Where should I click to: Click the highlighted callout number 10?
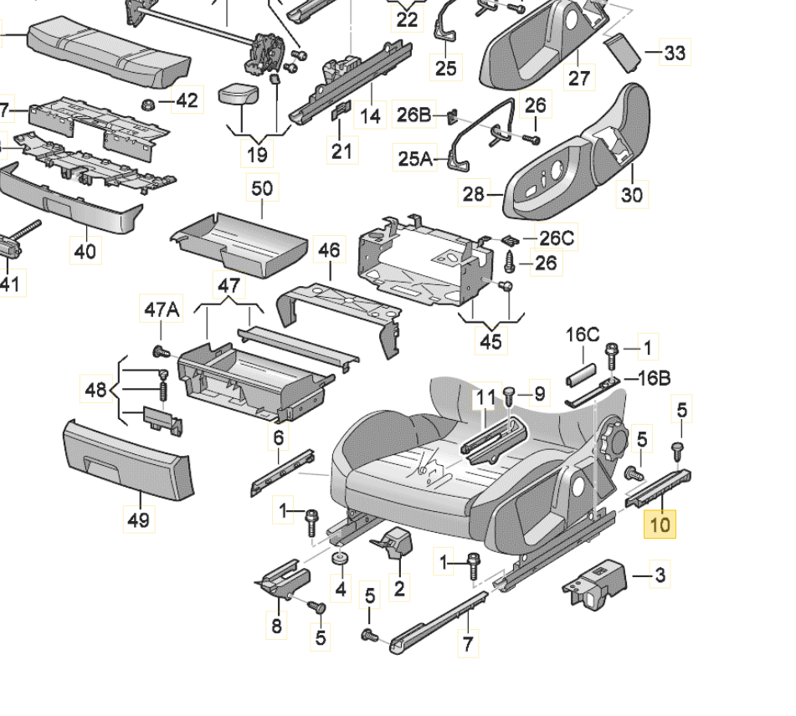tap(660, 524)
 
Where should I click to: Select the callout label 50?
tap(262, 188)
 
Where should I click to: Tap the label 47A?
tap(162, 310)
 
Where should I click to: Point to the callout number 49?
tap(139, 519)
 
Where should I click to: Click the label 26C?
tap(555, 239)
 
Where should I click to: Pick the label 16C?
tap(583, 335)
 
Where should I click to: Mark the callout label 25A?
tap(415, 157)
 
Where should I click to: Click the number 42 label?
tap(187, 101)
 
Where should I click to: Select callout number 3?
tap(660, 575)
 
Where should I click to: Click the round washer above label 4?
tap(339, 560)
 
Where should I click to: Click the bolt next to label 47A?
tap(157, 350)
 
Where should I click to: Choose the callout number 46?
tap(330, 249)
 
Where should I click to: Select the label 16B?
tap(654, 378)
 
